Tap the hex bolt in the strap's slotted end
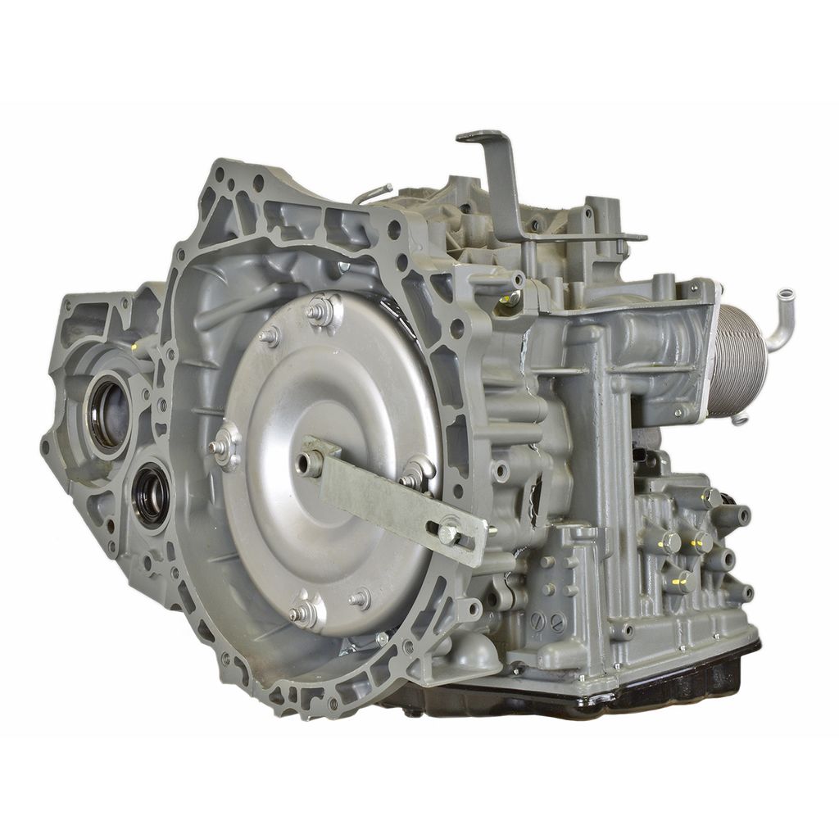[448, 533]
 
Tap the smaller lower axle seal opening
[151, 493]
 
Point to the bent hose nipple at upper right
[779, 315]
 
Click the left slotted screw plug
[538, 620]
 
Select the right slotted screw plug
[557, 624]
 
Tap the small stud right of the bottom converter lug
[359, 600]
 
